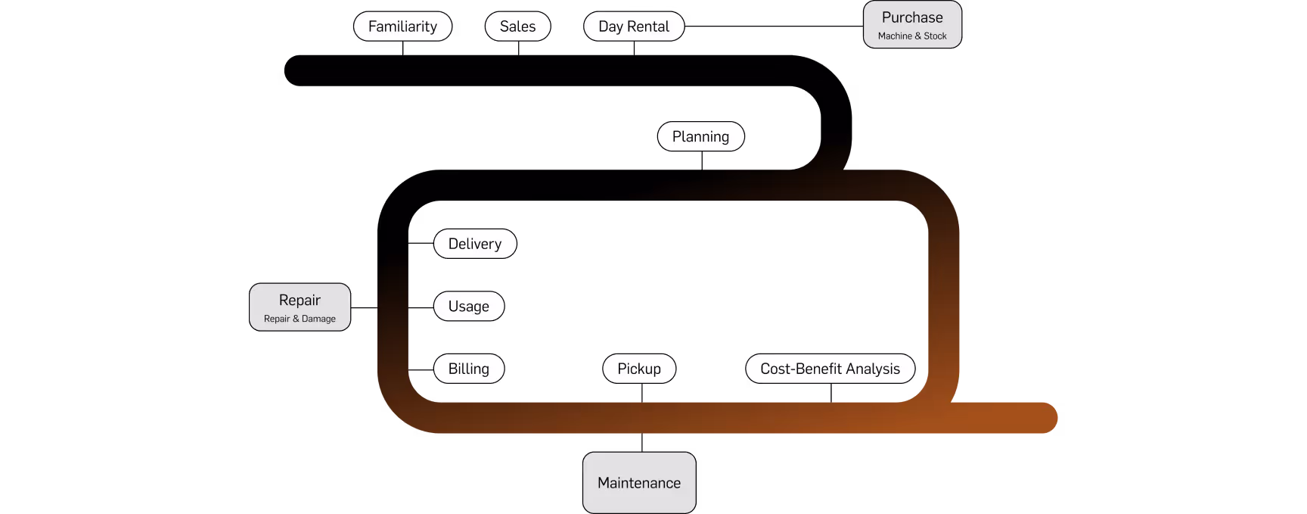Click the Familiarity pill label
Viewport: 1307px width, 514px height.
point(402,26)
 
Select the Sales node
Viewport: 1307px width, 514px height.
point(517,26)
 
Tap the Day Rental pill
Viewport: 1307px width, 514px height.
point(633,26)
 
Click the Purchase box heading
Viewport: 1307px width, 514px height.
point(912,17)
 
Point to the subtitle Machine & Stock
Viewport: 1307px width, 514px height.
point(912,36)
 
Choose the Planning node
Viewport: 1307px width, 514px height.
point(700,137)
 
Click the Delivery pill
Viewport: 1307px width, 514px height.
point(474,244)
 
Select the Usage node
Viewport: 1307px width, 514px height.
point(468,307)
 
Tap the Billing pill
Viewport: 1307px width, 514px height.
point(468,369)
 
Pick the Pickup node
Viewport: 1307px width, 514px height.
point(638,369)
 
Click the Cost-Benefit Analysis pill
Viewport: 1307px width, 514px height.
point(830,369)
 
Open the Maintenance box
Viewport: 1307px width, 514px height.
point(638,483)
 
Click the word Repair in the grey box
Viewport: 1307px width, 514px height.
point(300,301)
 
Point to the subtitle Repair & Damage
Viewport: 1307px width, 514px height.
point(300,319)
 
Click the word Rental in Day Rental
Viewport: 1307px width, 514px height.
point(648,26)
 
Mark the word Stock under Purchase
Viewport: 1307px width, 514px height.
point(935,36)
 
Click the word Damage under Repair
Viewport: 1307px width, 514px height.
point(318,319)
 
